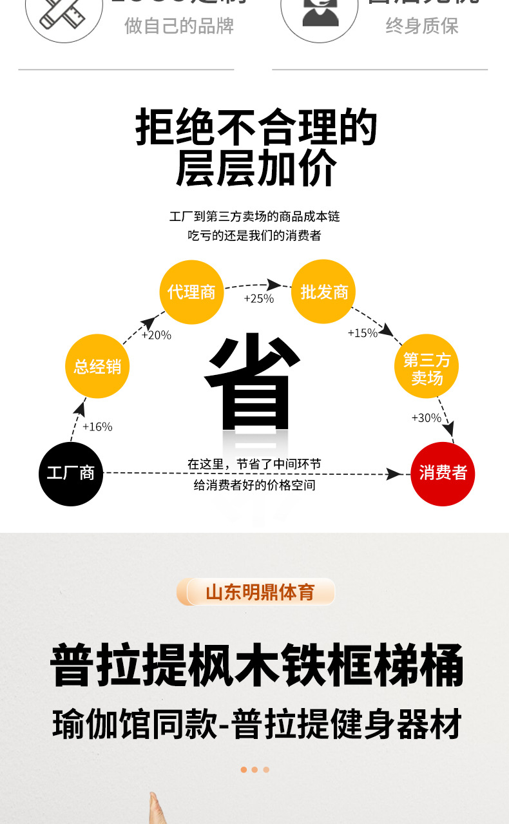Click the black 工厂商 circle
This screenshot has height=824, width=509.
coord(71,474)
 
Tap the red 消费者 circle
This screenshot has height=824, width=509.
coord(443,474)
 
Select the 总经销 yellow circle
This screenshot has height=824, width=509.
coord(97,367)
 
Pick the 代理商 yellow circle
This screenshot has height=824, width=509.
coord(191,292)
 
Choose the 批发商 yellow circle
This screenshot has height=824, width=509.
coord(324,292)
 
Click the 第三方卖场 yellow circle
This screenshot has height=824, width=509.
coord(427,367)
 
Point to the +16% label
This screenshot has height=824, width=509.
coord(97,426)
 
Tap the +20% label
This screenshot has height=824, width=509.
coord(156,335)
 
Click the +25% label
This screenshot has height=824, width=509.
coord(258,298)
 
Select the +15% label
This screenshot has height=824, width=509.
coord(362,333)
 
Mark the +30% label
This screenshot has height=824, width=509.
coord(426,418)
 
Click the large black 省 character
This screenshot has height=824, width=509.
coord(253,383)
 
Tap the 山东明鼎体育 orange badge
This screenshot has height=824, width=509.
coord(256,592)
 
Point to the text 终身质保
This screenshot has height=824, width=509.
coord(422,26)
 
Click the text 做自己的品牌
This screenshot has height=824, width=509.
coord(179,26)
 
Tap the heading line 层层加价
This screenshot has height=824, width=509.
coord(256,169)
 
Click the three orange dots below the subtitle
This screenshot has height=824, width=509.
coord(254,769)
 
